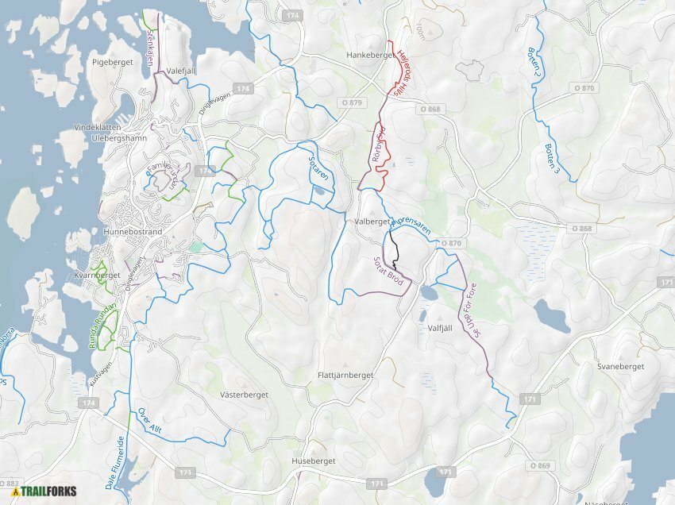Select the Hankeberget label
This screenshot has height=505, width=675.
click(x=371, y=56)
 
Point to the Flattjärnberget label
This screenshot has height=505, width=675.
click(x=345, y=374)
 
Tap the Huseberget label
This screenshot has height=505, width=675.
click(x=314, y=461)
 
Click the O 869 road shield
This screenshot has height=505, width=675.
click(x=538, y=465)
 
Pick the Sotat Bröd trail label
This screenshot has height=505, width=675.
click(x=388, y=272)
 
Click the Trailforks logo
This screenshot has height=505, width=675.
click(x=43, y=491)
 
